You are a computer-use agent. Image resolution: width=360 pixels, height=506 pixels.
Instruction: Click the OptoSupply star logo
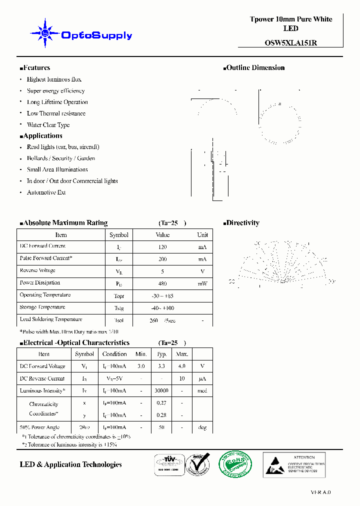45,33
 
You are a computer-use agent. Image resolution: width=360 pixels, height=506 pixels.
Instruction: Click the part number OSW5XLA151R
290,43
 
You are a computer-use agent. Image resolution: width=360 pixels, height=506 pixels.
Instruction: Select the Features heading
35,68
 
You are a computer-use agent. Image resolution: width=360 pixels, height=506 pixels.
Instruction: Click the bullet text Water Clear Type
48,125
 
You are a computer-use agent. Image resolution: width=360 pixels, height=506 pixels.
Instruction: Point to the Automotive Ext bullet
46,192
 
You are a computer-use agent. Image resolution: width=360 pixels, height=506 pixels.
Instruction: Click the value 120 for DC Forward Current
162,247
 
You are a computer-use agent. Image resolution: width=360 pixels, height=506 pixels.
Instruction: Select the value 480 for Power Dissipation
162,283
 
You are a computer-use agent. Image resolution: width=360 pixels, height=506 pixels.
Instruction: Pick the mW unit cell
202,283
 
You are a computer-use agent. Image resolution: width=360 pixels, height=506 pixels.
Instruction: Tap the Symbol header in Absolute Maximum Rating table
119,235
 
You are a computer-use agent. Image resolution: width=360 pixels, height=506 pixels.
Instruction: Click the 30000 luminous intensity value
161,391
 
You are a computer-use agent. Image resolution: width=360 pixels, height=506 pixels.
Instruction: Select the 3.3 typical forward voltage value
161,366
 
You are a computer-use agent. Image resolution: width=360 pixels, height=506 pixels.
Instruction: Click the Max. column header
182,354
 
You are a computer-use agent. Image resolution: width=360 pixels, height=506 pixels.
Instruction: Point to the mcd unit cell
202,391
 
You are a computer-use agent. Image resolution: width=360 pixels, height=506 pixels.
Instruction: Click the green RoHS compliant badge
233,464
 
